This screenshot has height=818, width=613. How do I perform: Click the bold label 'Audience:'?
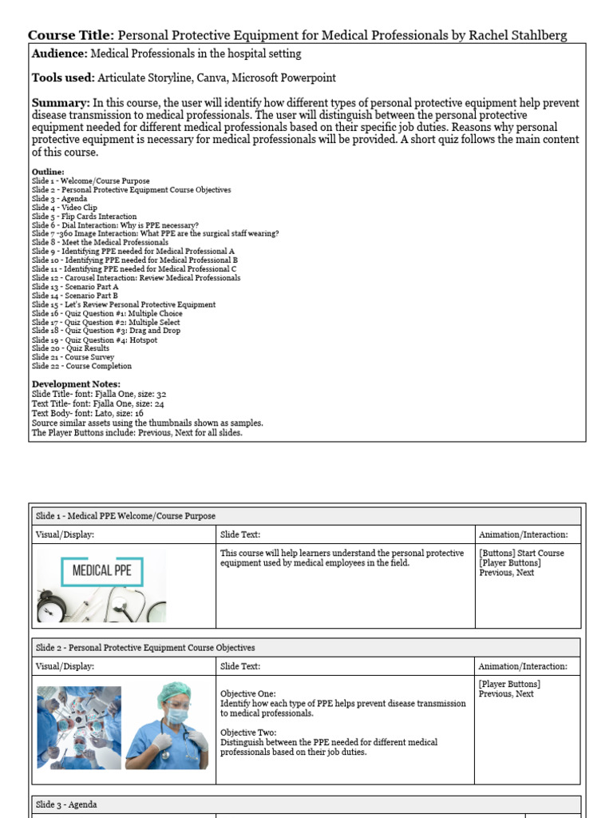pyautogui.click(x=59, y=54)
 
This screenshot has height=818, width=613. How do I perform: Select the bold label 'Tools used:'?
pyautogui.click(x=62, y=78)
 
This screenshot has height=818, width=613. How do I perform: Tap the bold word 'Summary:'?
pyautogui.click(x=60, y=103)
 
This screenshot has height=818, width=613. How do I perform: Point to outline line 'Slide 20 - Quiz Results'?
pyautogui.click(x=71, y=348)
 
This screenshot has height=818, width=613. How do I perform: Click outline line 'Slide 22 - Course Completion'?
pyautogui.click(x=81, y=366)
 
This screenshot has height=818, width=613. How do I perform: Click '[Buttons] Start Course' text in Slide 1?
pyautogui.click(x=521, y=553)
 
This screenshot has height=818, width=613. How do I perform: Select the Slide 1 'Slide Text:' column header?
pyautogui.click(x=239, y=534)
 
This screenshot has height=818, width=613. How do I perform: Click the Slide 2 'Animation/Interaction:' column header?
pyautogui.click(x=523, y=666)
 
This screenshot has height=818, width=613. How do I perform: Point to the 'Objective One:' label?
pyautogui.click(x=247, y=694)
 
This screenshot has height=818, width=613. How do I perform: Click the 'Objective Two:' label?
pyautogui.click(x=247, y=733)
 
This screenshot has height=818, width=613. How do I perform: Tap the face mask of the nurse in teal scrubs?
pyautogui.click(x=177, y=718)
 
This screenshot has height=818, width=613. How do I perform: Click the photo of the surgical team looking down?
pyautogui.click(x=79, y=728)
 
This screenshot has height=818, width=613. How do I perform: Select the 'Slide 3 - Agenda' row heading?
pyautogui.click(x=66, y=804)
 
